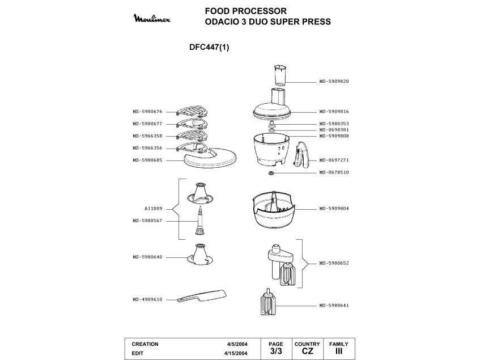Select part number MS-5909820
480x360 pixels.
[x=334, y=81]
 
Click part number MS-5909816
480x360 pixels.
[x=334, y=112]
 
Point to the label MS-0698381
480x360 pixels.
[x=334, y=130]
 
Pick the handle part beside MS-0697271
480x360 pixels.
[x=301, y=155]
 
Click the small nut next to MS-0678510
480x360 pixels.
[x=271, y=173]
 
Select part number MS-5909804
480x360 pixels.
[x=334, y=209]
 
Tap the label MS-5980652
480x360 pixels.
[x=334, y=263]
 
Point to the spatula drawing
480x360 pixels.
[x=202, y=297]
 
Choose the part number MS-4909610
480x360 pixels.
[x=148, y=299]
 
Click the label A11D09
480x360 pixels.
[x=153, y=209]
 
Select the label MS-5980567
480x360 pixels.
[x=148, y=221]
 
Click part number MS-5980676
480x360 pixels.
[x=148, y=112]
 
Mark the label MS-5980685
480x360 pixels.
[x=148, y=159]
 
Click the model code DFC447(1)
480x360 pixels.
[x=209, y=48]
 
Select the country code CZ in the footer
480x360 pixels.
[x=307, y=352]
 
